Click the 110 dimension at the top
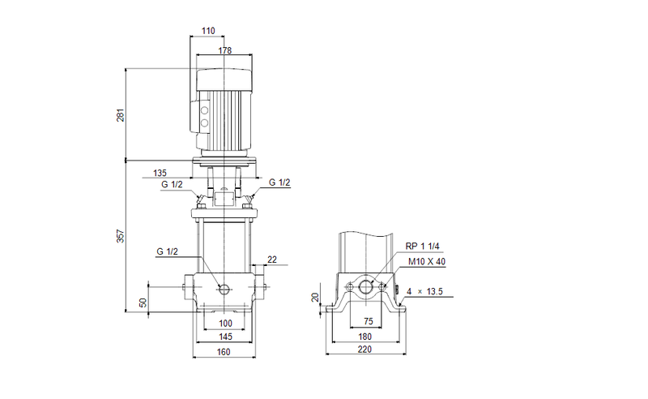(208, 31)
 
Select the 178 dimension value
(225, 51)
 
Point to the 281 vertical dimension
(121, 114)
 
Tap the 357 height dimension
(121, 236)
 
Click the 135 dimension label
(160, 173)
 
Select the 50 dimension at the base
(143, 302)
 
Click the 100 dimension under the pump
(225, 324)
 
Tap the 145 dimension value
(225, 337)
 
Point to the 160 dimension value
(224, 352)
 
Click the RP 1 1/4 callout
(422, 247)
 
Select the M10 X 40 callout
(427, 261)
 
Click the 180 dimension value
(366, 337)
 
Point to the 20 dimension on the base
(315, 298)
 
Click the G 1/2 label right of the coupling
(279, 182)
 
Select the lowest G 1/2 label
(168, 252)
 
